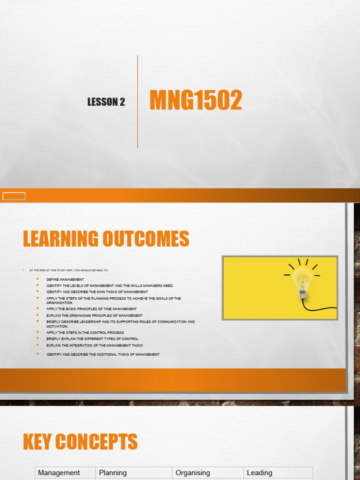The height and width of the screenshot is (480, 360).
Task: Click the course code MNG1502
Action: tap(195, 101)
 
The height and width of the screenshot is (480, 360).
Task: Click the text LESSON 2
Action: tap(106, 102)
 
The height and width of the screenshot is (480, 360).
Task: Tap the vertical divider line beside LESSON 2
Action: tap(137, 101)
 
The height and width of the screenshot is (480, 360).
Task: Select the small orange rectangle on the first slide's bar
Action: tap(14, 196)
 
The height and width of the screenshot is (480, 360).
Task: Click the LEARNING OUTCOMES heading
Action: tap(106, 239)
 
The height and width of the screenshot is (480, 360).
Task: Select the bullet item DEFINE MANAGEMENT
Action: tap(65, 279)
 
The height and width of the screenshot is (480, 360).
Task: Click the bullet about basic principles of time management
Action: tap(91, 309)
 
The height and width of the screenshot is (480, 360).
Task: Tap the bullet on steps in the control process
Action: tap(85, 332)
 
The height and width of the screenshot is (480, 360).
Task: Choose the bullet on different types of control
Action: tap(92, 338)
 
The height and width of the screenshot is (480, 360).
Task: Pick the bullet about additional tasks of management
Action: tap(103, 354)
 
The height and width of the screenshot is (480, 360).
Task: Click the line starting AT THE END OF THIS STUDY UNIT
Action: tap(68, 270)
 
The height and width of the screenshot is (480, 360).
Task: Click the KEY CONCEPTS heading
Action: tap(80, 442)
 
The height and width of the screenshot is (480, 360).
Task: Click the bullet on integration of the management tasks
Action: tap(94, 345)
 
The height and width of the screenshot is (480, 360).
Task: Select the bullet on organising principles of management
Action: tap(94, 315)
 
